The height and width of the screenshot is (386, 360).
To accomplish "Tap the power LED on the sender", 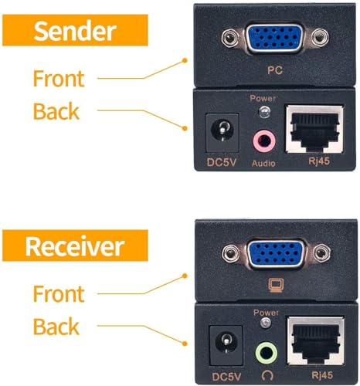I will coord(265,113).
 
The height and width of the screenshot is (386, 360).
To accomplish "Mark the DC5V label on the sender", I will coord(219,163).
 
